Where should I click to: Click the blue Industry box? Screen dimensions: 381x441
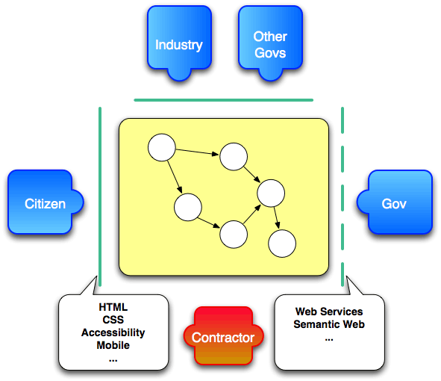178,41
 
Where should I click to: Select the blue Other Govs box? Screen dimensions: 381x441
269,42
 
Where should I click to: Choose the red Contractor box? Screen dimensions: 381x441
223,337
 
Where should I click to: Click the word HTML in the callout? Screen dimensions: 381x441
113,307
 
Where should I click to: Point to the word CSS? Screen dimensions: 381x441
113,320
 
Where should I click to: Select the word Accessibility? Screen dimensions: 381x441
113,332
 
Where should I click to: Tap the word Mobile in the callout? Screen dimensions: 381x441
113,345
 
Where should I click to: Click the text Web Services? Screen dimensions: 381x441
329,312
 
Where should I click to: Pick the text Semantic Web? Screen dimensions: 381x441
329,324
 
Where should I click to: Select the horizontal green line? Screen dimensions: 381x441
223,99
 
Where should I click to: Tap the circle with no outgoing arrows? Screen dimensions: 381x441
282,243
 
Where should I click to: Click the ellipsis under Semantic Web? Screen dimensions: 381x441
329,338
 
